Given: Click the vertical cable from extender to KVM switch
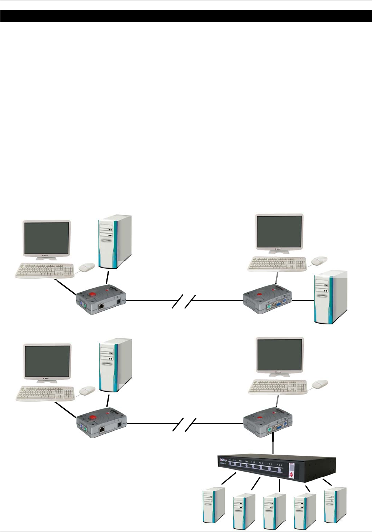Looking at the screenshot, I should click(273, 443).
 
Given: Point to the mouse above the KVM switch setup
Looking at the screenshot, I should click(320, 383).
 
